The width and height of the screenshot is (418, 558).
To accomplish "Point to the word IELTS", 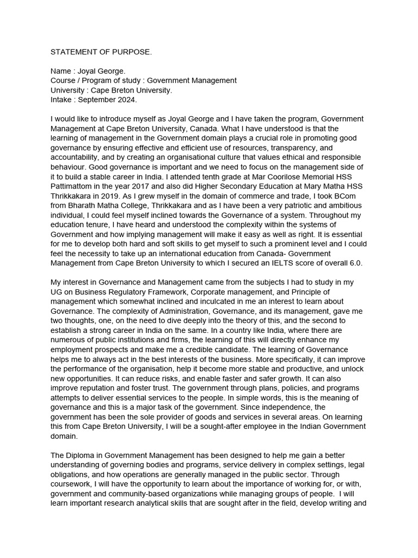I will [x=296, y=263].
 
